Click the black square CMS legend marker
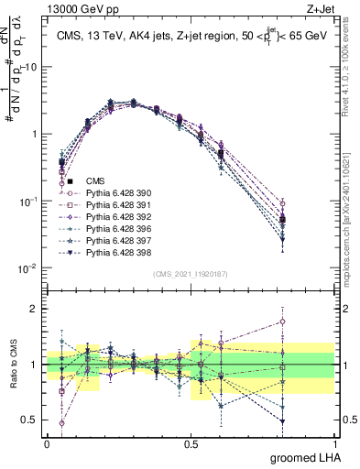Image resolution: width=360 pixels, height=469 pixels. coord(70,182)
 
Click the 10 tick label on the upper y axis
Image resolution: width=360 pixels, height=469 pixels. coord(30,68)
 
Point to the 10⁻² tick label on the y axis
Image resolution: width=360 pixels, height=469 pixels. coord(27,267)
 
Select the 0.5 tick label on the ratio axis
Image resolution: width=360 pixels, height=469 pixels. coord(30,420)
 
